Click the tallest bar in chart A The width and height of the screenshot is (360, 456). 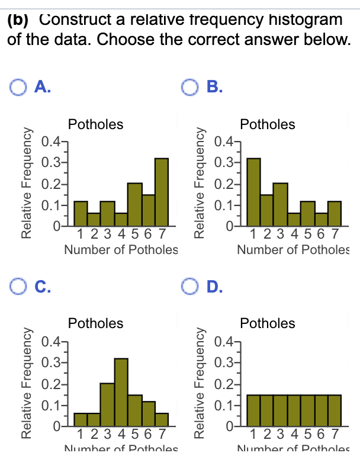162,193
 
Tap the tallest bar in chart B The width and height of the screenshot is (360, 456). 253,193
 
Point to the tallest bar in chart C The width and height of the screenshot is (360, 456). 121,392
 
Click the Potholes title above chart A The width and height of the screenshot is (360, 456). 96,124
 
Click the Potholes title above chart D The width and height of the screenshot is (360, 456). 268,323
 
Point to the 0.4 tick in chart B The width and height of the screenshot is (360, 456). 223,142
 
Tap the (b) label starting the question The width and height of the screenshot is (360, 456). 19,19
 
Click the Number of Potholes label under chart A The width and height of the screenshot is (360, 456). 121,250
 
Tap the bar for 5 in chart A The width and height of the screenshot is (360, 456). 135,205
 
